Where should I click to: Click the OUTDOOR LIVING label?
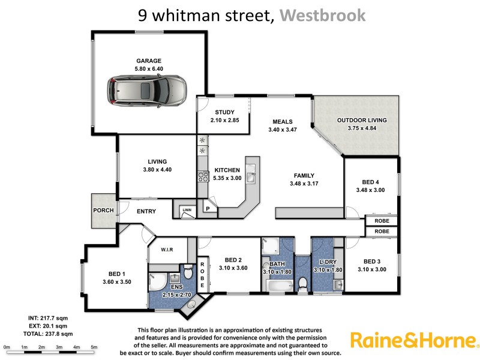[x=361, y=120]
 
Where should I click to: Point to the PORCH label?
[x=103, y=211]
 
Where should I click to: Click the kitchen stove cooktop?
[x=203, y=176]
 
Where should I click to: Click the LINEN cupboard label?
[x=187, y=210]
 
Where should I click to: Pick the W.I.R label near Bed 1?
[x=166, y=250]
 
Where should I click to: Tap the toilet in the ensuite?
[x=187, y=274]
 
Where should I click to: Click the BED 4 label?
[x=370, y=182]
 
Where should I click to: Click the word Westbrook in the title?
[x=322, y=15]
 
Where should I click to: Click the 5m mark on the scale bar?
[x=94, y=347]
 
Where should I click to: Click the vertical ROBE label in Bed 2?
[x=202, y=275]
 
